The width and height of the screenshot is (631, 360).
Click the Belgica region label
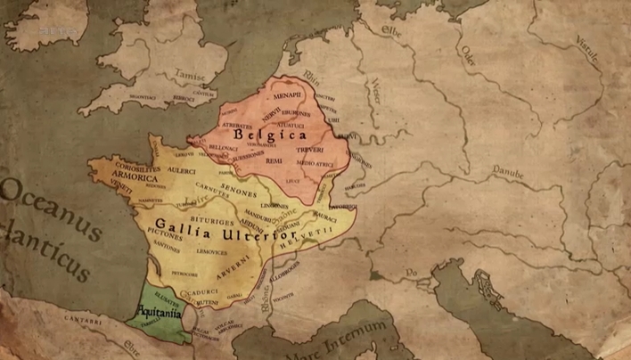pos(270,136)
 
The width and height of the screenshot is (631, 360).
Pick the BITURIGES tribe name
pos(202,215)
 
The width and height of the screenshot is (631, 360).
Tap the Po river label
pos(412,271)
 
